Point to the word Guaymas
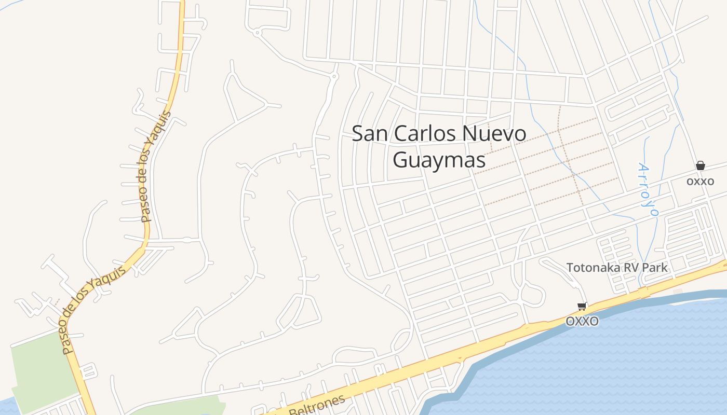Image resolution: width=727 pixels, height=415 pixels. pos(439,160)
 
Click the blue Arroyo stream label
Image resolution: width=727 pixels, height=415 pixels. pos(648,189)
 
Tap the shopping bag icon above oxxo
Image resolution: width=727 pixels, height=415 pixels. pos(701,165)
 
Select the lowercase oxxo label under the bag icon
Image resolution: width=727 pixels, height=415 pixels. pos(700,181)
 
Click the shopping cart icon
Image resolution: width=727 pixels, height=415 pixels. pos(582,306)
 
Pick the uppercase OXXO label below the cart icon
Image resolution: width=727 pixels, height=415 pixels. pos(582,321)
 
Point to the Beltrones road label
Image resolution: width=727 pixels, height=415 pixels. pos(317,407)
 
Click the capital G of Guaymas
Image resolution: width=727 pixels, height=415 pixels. pos(400,160)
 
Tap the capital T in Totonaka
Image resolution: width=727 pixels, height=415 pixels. pos(570,268)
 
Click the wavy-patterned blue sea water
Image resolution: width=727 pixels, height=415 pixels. pos(597,363)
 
